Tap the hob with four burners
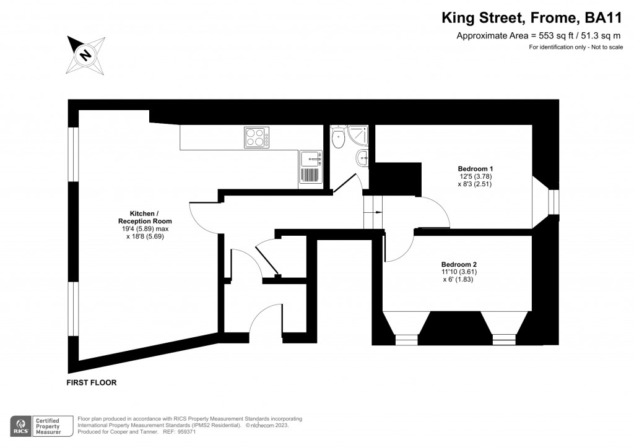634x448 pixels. point(256,137)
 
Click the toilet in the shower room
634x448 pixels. point(338,137)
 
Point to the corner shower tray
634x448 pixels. point(358,136)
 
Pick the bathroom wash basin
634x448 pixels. point(362,159)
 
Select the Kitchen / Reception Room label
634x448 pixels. point(145,217)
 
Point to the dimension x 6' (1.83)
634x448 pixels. point(459,280)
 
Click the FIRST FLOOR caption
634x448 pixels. point(92,383)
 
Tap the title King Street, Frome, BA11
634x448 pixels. point(532,18)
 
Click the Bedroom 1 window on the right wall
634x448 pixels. point(554,202)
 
